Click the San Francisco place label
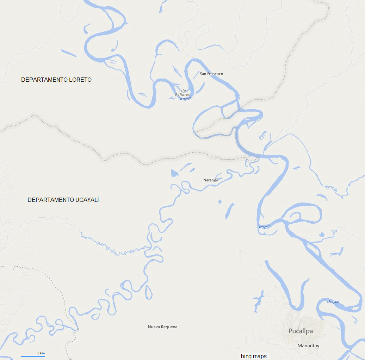tap(211, 74)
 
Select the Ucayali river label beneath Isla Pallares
tap(185, 99)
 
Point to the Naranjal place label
tap(211, 180)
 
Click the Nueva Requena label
tap(162, 327)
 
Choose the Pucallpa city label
tap(301, 331)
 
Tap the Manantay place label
tap(308, 346)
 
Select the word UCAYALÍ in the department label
tap(87, 200)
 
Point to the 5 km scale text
tap(41, 353)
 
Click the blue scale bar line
tap(33, 356)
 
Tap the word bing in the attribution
tap(246, 356)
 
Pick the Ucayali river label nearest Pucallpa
tap(333, 302)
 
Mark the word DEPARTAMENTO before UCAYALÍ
tap(50, 200)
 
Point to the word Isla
tap(182, 91)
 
